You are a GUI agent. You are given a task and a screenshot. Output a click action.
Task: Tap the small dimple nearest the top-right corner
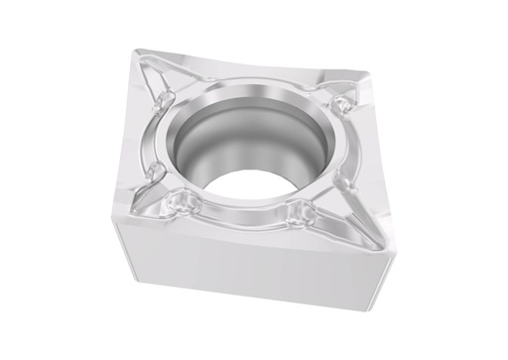tap(342, 101)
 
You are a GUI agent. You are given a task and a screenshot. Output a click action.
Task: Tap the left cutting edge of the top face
tap(125, 139)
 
